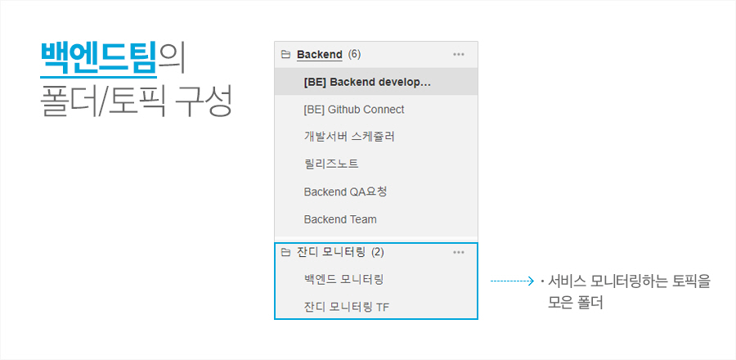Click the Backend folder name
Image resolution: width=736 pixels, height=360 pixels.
click(x=319, y=55)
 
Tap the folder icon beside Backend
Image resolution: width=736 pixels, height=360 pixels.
click(x=285, y=55)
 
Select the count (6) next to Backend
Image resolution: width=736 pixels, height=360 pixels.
click(x=354, y=55)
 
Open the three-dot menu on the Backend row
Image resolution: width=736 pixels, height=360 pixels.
click(x=458, y=55)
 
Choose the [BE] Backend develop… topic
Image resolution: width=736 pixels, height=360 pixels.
click(x=366, y=82)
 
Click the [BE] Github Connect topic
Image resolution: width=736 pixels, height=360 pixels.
click(x=353, y=110)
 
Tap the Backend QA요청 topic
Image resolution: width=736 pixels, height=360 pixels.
click(x=344, y=192)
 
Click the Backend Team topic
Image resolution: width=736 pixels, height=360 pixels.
click(x=339, y=219)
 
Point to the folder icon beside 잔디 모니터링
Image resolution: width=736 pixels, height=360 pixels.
click(x=285, y=252)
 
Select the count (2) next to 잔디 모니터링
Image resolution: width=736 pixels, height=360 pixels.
click(x=377, y=252)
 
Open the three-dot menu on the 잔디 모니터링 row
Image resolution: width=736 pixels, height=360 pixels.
click(x=458, y=252)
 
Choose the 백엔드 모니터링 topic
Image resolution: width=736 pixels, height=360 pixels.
click(x=343, y=279)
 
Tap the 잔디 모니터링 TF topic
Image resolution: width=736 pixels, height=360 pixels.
click(x=346, y=308)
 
